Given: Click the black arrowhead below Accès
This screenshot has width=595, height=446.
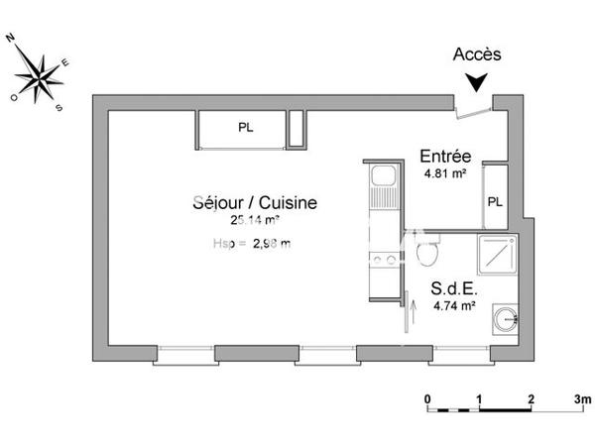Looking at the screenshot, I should (479, 82).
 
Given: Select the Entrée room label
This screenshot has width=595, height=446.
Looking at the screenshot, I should (445, 156).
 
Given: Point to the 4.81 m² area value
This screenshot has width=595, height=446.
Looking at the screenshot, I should (444, 174).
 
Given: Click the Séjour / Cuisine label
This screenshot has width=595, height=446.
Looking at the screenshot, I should (255, 202).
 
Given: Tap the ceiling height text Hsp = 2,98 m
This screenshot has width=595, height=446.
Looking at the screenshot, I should (252, 243).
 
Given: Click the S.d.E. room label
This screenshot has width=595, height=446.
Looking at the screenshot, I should (452, 289).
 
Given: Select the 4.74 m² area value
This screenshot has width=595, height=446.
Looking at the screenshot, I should (453, 306).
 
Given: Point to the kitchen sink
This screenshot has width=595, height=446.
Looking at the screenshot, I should (380, 184).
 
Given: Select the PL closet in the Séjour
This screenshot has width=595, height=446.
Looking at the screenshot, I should (244, 127).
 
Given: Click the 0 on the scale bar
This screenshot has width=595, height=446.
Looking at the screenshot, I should (427, 399).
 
